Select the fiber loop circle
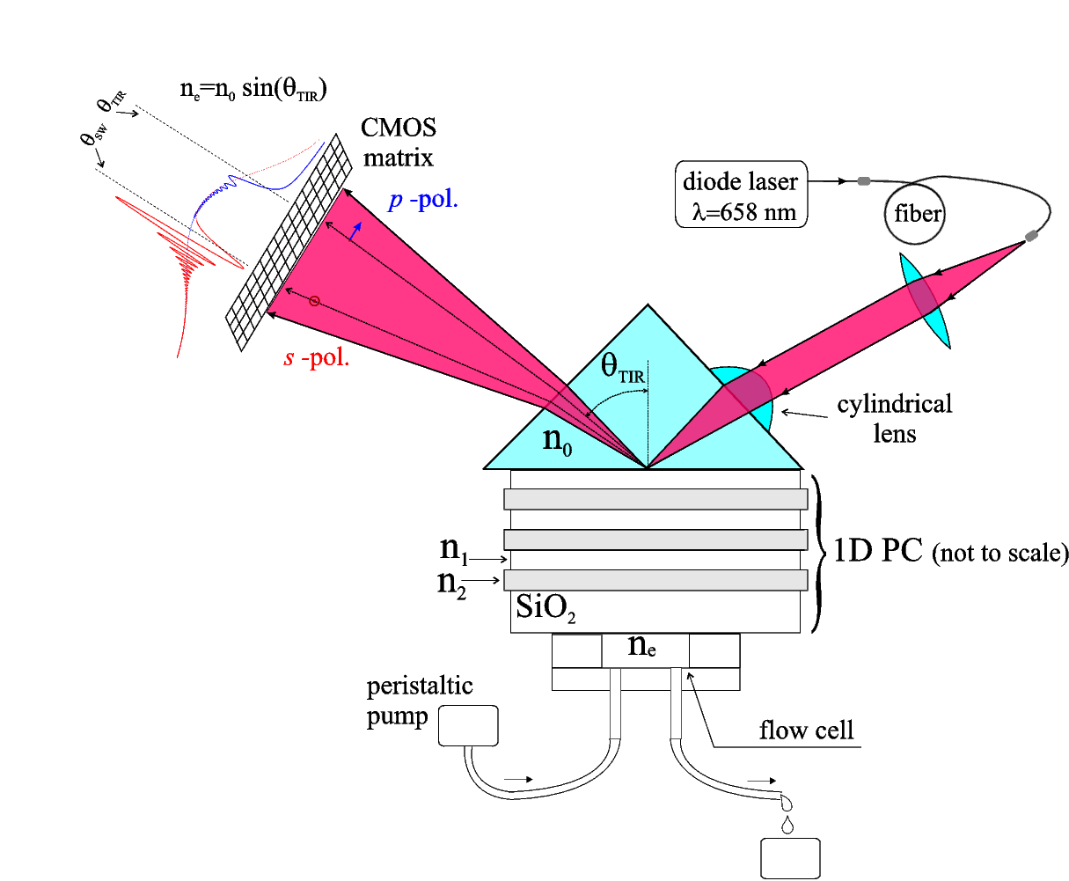[916, 214]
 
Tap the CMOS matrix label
[399, 143]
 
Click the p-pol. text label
[423, 201]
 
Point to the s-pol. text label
[317, 358]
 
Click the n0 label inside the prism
[558, 438]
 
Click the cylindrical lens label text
[894, 418]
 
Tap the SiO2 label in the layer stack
[545, 608]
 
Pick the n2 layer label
[452, 584]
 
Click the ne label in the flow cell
[642, 645]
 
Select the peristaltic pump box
[468, 726]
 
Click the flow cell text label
[806, 730]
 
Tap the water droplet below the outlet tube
[787, 825]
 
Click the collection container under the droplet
[790, 859]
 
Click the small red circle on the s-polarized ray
[314, 302]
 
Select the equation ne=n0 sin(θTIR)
[253, 89]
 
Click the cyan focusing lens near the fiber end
[925, 300]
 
